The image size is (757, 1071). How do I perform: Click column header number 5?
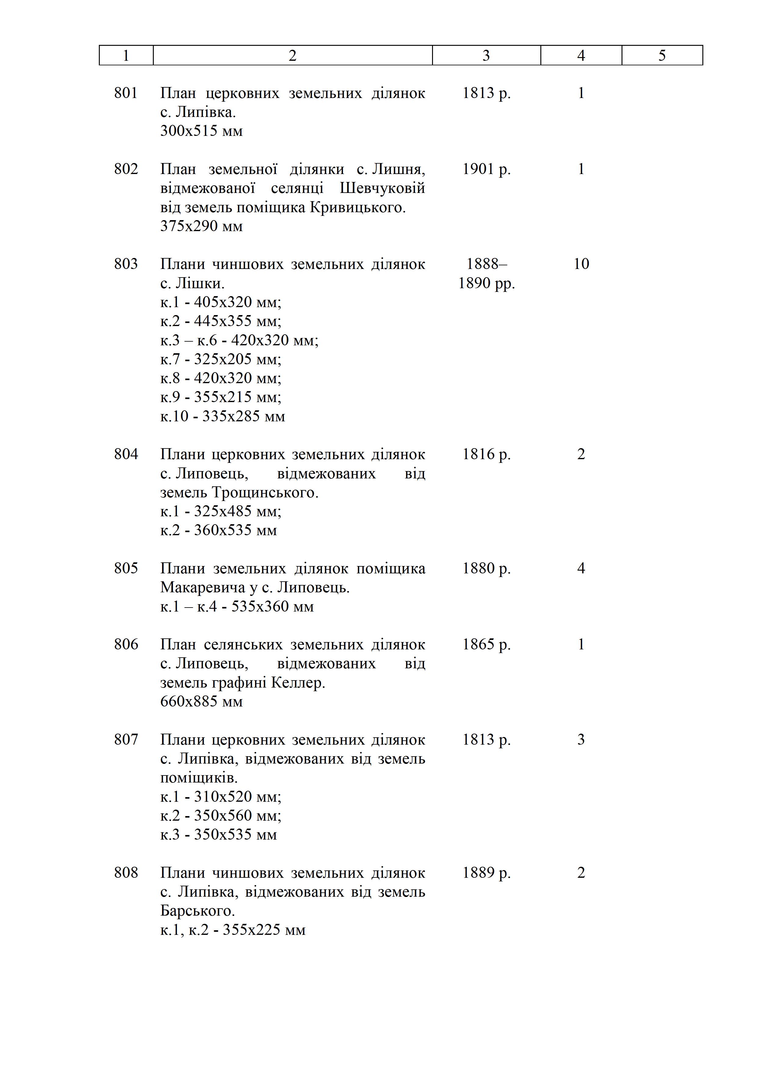662,56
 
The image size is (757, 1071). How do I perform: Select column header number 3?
486,56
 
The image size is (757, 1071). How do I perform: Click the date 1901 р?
486,169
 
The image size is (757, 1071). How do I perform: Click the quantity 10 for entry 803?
581,264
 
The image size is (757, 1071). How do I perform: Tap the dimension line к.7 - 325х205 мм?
221,359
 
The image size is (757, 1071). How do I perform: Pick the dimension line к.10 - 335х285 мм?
222,416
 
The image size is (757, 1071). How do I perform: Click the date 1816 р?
486,454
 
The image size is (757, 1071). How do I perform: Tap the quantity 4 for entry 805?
581,568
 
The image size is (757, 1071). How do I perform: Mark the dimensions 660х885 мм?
201,702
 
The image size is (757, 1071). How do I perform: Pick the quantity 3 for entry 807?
581,739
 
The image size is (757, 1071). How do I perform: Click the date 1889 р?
486,873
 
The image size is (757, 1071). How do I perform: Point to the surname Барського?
197,910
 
